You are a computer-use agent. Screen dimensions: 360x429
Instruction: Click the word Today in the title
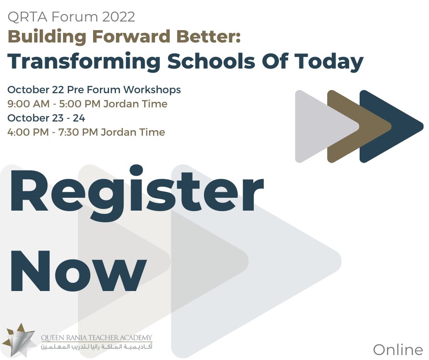tap(331, 62)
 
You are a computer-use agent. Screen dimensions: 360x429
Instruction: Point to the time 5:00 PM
tap(80, 104)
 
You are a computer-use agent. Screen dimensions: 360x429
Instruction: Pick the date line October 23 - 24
tap(46, 118)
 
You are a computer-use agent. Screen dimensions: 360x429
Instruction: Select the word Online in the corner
tap(398, 350)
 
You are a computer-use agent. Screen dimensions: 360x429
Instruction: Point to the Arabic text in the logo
tap(96, 348)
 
